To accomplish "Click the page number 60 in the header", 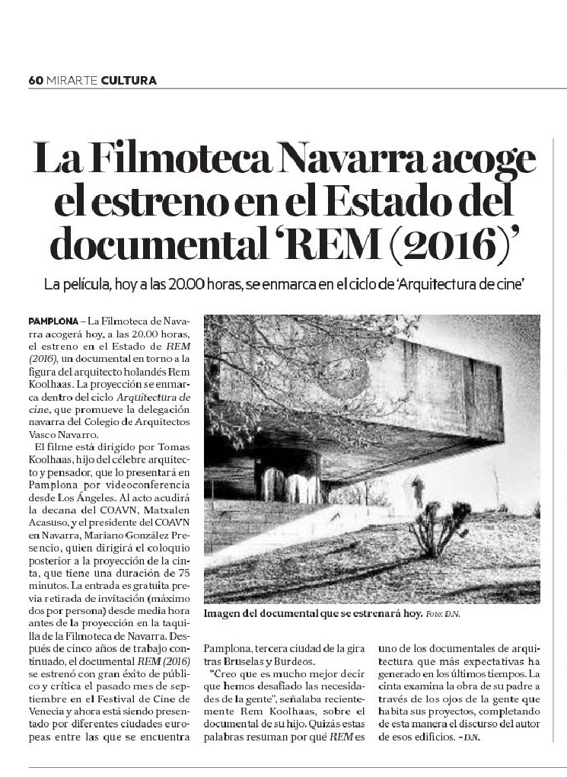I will click(35, 80).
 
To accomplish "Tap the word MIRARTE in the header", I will click(72, 80).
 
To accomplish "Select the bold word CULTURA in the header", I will click(129, 80).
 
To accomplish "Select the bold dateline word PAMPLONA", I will click(50, 323).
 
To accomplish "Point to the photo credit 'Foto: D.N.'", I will click(443, 614).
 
